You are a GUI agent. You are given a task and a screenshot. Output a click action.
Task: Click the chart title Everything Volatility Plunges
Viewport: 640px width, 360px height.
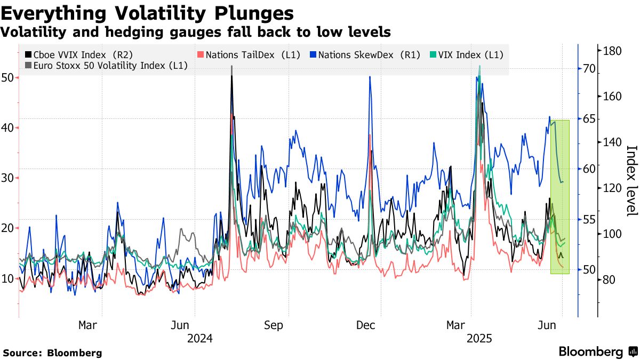[147, 13]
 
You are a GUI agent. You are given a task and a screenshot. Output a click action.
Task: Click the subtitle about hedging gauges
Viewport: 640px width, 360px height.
[195, 32]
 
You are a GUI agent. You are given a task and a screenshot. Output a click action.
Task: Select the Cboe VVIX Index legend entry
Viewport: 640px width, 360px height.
[79, 54]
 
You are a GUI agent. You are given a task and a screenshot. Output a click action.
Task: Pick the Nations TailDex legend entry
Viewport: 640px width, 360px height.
[250, 54]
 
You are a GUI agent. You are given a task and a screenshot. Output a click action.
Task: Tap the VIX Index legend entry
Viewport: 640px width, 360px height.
[467, 54]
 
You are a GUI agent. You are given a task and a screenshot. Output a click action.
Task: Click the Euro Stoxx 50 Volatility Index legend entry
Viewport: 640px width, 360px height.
[106, 66]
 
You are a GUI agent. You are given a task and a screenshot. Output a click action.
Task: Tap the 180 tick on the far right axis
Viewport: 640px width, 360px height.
[612, 51]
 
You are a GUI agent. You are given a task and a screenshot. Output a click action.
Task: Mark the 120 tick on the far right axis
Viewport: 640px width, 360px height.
[612, 188]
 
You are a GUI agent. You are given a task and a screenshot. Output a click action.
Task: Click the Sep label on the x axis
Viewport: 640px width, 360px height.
[274, 325]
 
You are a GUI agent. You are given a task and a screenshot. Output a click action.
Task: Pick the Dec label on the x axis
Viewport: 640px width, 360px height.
[367, 325]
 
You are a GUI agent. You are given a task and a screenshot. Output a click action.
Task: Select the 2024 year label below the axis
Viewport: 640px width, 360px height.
[200, 339]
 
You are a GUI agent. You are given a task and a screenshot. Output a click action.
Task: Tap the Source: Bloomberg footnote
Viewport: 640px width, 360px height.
[52, 353]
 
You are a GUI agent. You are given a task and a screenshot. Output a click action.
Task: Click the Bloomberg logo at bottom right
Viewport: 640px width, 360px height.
[597, 351]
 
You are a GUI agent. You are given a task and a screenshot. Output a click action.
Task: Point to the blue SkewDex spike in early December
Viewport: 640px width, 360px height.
[370, 77]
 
